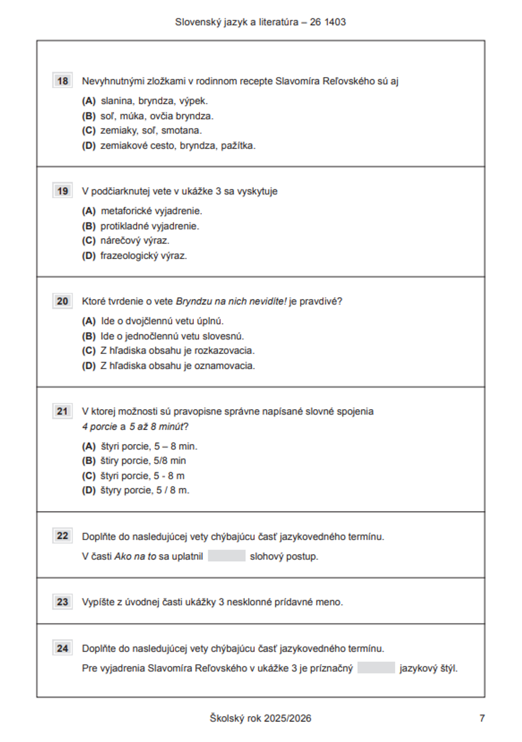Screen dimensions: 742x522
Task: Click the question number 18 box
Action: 63,81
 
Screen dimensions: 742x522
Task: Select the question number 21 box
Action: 63,411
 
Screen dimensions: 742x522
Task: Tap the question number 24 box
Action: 63,648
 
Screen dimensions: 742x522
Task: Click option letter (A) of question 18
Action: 89,101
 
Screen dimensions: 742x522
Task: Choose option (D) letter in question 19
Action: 89,256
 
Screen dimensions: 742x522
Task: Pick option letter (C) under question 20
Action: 89,351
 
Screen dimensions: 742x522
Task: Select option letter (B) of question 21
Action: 89,461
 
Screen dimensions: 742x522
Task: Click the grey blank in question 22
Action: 227,556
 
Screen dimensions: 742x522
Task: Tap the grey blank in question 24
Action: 376,668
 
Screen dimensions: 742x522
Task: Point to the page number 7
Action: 482,719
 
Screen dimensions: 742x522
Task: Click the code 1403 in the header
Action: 335,22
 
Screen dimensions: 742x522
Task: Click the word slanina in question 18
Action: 117,101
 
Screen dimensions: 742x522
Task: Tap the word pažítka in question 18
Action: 238,146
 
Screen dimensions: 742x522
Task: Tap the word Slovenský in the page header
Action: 194,22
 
